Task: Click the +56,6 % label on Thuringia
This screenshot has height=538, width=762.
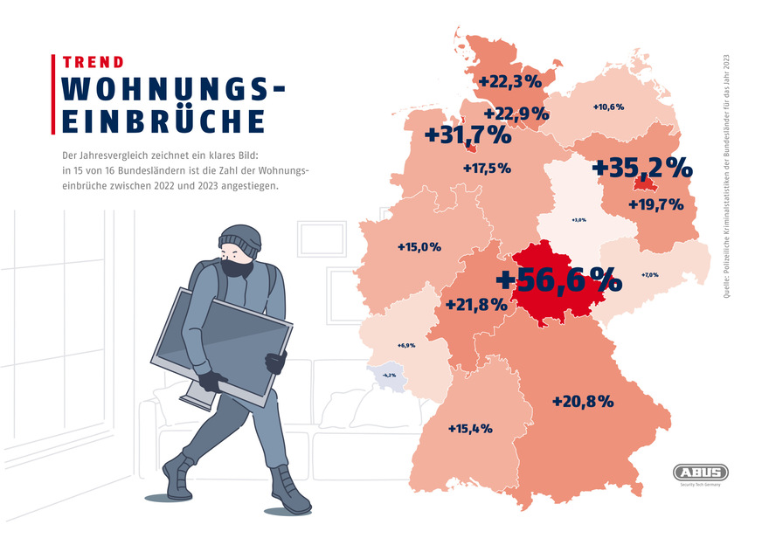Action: (558, 280)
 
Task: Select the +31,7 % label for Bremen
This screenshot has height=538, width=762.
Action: (467, 136)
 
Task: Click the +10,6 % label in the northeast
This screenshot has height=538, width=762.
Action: (608, 107)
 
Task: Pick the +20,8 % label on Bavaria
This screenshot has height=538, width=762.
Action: (583, 402)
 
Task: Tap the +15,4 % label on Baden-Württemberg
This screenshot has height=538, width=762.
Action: (470, 429)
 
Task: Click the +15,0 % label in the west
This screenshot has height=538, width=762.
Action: (419, 247)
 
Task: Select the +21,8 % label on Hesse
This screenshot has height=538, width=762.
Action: (476, 305)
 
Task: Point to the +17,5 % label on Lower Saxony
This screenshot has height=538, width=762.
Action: (487, 168)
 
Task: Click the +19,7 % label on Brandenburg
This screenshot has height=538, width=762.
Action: (655, 205)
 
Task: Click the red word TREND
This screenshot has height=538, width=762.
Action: (93, 63)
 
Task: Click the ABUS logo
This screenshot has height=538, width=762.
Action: (701, 472)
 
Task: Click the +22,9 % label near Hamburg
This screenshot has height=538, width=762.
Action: (516, 114)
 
